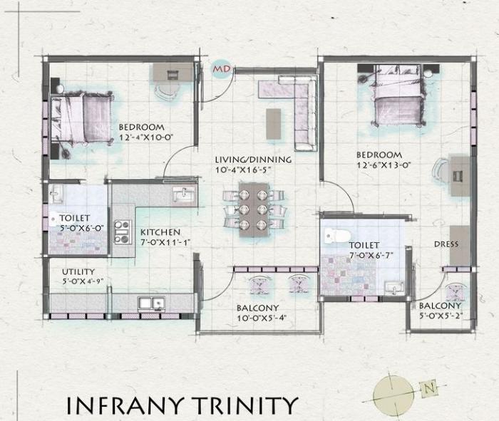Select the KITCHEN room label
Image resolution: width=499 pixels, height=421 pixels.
160,232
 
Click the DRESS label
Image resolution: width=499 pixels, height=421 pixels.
446,244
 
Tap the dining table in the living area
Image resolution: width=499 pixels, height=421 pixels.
253,207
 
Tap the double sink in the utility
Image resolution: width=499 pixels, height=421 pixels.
150,303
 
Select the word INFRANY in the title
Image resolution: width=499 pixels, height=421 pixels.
121,405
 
